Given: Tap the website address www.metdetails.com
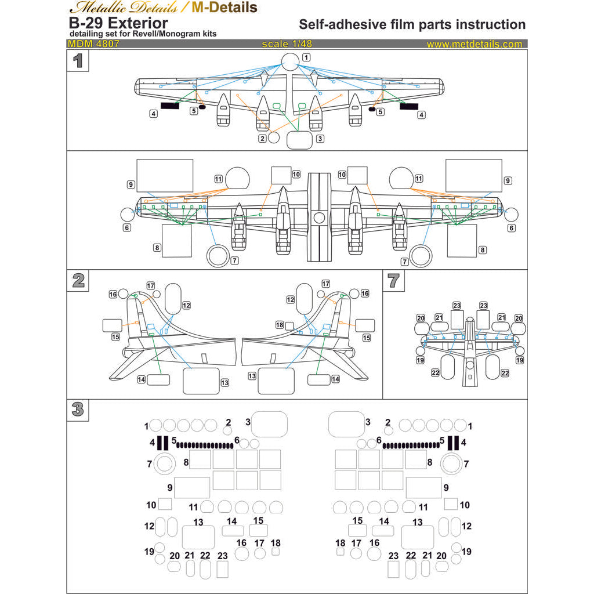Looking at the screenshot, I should [474, 44].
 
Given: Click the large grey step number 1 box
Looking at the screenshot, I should [78, 61].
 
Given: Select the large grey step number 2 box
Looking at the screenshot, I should [78, 281].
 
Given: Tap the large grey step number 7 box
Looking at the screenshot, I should [394, 281].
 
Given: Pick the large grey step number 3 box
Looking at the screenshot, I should [78, 410].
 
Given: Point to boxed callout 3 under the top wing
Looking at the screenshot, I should [320, 139].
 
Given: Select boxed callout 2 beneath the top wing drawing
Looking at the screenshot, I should [263, 139].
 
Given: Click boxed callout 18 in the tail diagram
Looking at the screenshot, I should [280, 325].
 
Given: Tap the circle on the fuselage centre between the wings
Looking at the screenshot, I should [319, 218].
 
